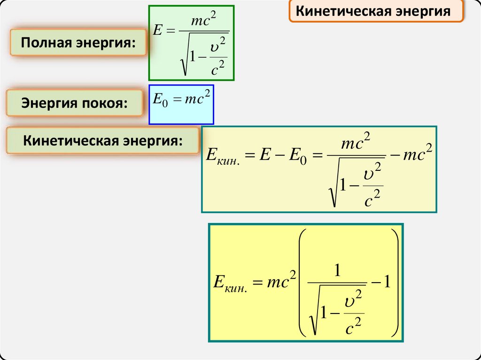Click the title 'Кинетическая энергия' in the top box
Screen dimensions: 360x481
pos(376,11)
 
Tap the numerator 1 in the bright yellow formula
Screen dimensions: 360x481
pos(336,271)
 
